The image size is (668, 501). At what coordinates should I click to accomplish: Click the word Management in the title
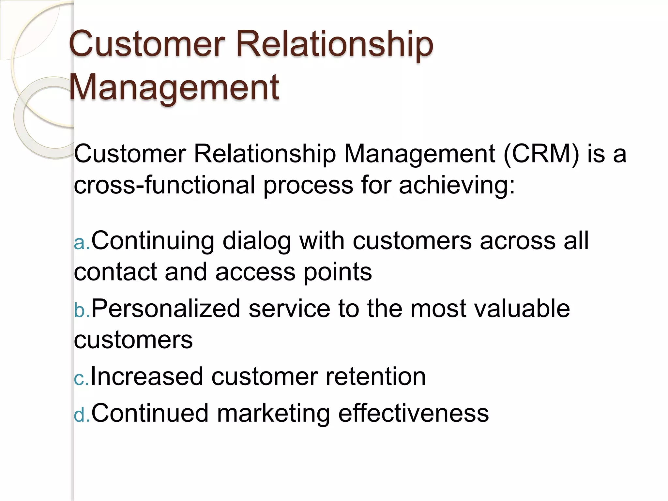tap(174, 87)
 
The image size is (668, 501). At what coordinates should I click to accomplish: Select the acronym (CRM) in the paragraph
tap(541, 154)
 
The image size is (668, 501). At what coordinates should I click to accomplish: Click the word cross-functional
tap(164, 185)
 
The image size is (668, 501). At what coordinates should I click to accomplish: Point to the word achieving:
tap(457, 185)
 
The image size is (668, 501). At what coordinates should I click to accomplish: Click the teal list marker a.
tap(81, 243)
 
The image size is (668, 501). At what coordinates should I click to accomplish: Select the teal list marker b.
tap(81, 311)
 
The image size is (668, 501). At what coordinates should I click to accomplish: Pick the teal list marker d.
tap(81, 416)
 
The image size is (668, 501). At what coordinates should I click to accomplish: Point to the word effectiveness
tap(413, 414)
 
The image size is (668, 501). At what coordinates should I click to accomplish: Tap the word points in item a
tap(338, 273)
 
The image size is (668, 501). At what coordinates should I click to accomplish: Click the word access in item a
tap(255, 273)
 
